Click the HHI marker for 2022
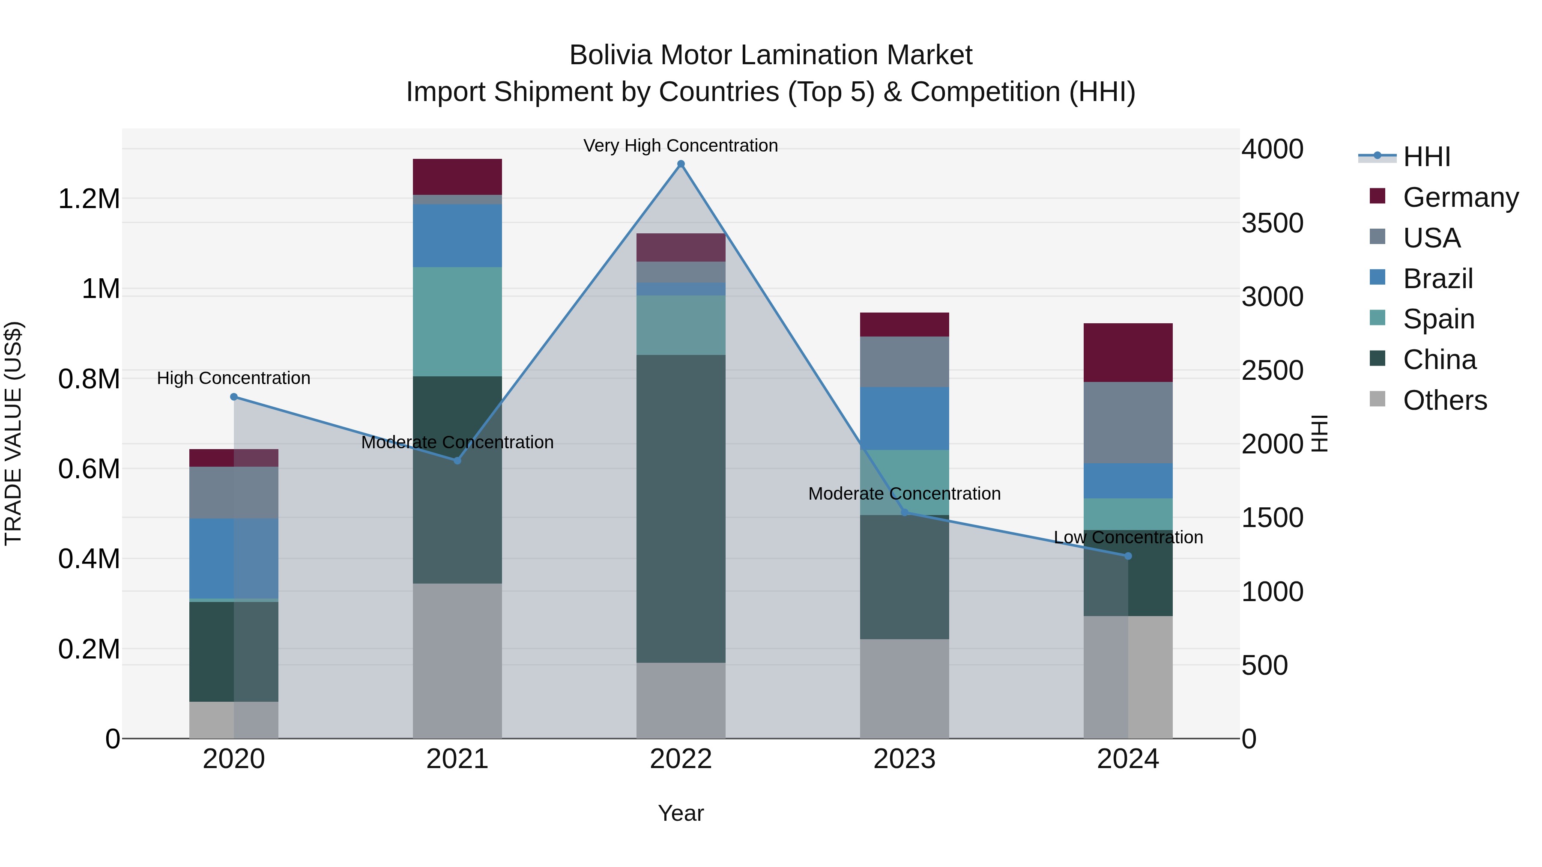point(681,164)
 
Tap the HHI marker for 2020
point(234,397)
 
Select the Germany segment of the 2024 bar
point(1128,352)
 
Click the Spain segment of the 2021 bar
point(457,321)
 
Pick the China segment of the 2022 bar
point(681,509)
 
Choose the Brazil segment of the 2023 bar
point(905,418)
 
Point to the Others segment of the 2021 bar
point(457,661)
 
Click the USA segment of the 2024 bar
point(1128,423)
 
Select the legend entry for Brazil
point(1437,279)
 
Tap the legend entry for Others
point(1444,400)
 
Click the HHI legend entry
point(1426,157)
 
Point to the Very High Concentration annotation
point(681,146)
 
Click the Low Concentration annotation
point(1128,537)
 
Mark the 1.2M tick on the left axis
point(89,199)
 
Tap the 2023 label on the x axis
point(905,759)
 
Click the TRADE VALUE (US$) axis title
point(13,433)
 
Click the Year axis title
point(681,813)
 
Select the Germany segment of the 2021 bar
point(457,176)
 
